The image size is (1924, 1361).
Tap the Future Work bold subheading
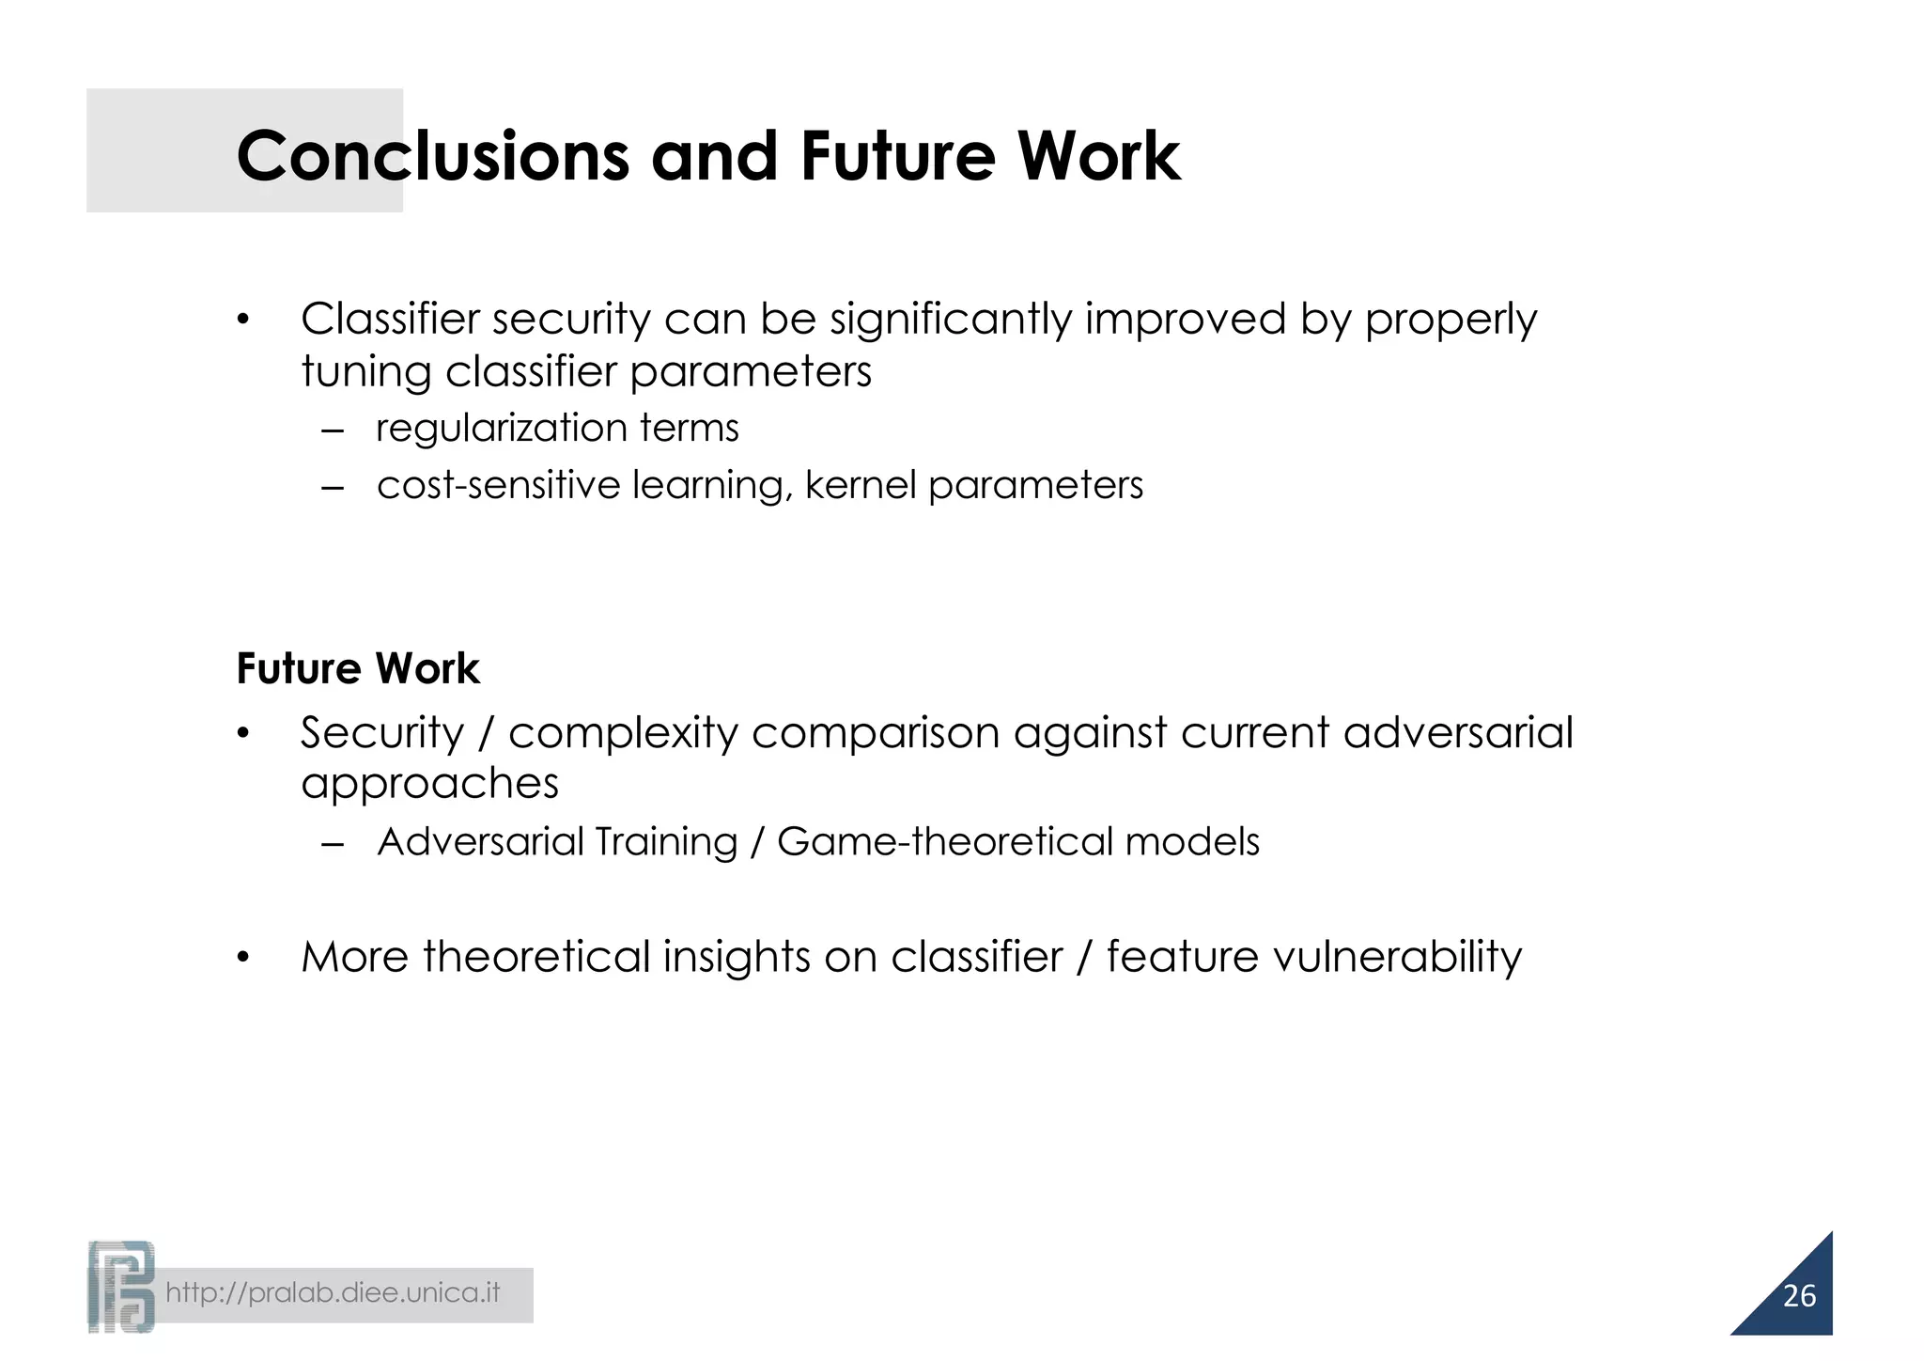[x=357, y=669]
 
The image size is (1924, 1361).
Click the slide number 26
[x=1798, y=1296]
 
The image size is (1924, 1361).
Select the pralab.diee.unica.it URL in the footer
[x=333, y=1293]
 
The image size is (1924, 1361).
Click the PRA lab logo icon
[x=121, y=1287]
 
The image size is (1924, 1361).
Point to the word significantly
[x=950, y=320]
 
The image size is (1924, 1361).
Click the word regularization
[x=502, y=429]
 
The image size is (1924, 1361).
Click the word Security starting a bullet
[x=381, y=733]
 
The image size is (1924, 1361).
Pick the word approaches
[x=429, y=784]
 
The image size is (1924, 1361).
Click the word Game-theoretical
[x=944, y=842]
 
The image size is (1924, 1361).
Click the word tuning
[x=365, y=372]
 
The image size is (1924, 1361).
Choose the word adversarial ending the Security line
[x=1457, y=733]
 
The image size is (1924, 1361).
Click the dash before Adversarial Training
[x=333, y=844]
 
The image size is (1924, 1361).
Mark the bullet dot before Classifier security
[x=243, y=321]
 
